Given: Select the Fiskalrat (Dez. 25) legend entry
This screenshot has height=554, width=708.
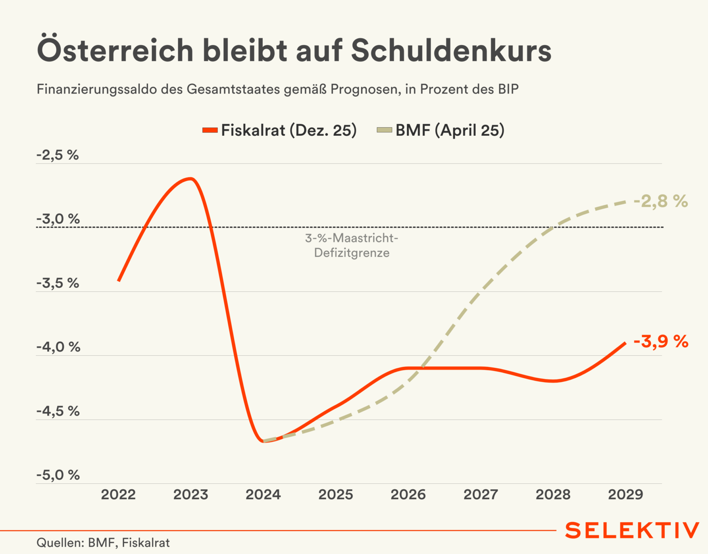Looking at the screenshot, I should point(279,130).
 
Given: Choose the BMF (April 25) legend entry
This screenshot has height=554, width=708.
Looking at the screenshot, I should point(441,130).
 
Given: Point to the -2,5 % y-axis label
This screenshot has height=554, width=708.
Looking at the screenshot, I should point(58,155).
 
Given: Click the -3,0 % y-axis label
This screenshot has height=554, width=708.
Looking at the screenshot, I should point(58,219).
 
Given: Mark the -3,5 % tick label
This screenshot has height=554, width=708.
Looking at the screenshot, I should point(58,283).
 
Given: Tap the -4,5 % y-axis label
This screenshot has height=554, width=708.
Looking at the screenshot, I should point(58,411).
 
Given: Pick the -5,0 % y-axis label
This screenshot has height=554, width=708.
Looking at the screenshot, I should point(58,475).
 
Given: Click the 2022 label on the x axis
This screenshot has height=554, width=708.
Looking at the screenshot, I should point(118,495).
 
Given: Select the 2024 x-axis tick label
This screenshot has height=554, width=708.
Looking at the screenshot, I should point(263,495).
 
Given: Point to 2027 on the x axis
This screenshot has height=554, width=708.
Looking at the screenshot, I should point(481,495).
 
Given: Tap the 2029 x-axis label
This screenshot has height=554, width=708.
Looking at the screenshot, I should point(625,495).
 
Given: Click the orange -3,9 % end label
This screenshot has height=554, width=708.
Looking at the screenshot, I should point(661,342).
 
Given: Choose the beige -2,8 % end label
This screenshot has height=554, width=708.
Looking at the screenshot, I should point(661,201).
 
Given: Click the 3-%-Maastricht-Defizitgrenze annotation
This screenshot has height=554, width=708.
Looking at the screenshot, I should point(352,246).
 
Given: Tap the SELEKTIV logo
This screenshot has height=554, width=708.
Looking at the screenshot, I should point(632,531).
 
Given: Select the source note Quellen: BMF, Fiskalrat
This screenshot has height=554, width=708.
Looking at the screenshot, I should point(103,543).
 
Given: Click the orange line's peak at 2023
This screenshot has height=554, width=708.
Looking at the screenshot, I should point(191,179).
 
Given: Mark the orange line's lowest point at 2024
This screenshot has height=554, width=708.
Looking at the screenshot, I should point(264,441).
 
